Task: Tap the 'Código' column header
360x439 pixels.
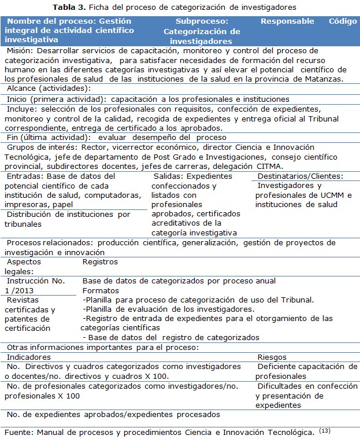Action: [343, 21]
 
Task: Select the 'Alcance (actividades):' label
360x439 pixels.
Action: [49, 88]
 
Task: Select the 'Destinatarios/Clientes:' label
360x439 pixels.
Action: [300, 176]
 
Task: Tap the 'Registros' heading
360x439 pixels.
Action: [100, 261]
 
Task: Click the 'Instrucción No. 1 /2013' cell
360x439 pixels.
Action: [34, 285]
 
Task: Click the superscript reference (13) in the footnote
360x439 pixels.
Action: [325, 430]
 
